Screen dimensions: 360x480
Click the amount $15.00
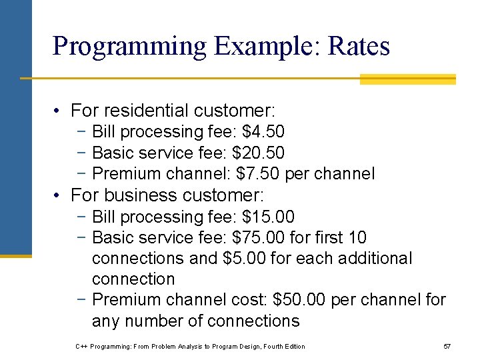268,217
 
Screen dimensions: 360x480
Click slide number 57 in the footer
447,346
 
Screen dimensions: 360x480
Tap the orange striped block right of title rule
407,79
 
